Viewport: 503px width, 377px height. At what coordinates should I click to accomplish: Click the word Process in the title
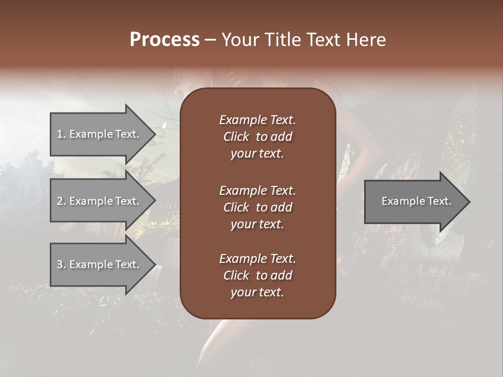pyautogui.click(x=165, y=40)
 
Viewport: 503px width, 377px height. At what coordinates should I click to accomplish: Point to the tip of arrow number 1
pyautogui.click(x=155, y=134)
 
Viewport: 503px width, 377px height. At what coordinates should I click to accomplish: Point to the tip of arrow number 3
pyautogui.click(x=155, y=264)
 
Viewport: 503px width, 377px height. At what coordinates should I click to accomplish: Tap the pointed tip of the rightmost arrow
pyautogui.click(x=469, y=202)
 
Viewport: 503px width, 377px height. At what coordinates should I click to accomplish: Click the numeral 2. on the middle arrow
pyautogui.click(x=61, y=201)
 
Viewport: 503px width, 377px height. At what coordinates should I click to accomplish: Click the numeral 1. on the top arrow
pyautogui.click(x=61, y=134)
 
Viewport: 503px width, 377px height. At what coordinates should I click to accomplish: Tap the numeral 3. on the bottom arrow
pyautogui.click(x=61, y=264)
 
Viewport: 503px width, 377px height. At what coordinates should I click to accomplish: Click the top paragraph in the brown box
pyautogui.click(x=257, y=137)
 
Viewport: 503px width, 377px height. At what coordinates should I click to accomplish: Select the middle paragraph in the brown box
pyautogui.click(x=257, y=207)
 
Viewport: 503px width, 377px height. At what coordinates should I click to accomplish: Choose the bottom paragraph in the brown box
pyautogui.click(x=257, y=275)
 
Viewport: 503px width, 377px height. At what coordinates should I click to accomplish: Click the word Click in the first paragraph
pyautogui.click(x=236, y=137)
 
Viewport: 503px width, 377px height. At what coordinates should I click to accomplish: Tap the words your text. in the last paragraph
pyautogui.click(x=257, y=293)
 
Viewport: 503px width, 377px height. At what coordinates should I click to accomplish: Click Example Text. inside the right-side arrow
pyautogui.click(x=416, y=201)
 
